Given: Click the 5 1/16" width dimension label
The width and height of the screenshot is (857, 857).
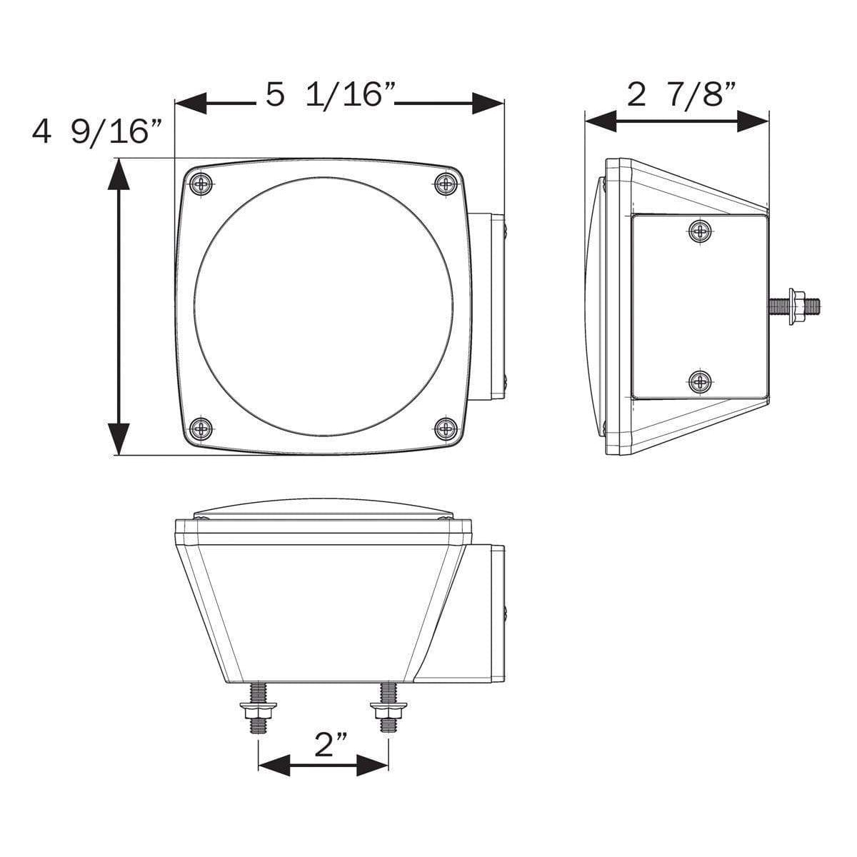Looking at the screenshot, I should (x=331, y=95).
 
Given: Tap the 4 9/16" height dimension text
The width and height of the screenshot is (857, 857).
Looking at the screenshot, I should (x=97, y=133).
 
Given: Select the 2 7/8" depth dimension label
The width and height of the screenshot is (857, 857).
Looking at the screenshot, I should (x=681, y=95).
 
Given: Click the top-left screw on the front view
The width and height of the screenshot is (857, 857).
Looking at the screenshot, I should (x=203, y=184).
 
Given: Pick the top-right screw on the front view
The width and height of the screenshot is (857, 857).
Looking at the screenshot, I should (x=447, y=184).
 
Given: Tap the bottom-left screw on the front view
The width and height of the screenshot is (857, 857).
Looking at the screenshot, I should (x=203, y=428).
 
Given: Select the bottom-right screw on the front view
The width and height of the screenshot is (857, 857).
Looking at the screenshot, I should (x=447, y=428).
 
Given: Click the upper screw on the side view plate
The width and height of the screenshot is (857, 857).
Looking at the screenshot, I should (x=701, y=232).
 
